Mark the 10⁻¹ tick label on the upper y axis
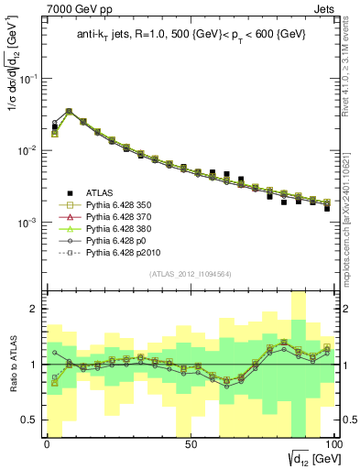pyautogui.click(x=27, y=79)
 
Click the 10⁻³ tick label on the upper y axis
pyautogui.click(x=27, y=223)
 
